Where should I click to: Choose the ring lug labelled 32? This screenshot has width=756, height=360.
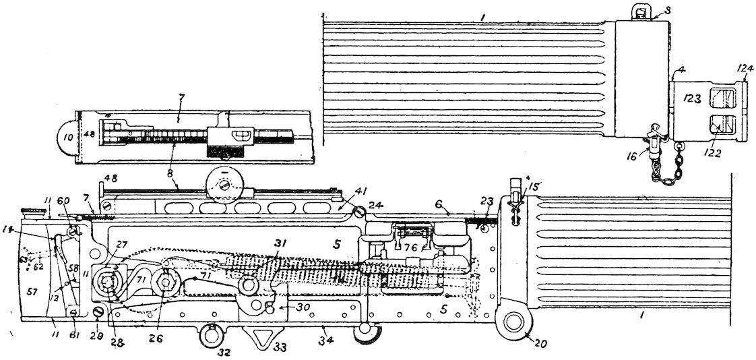(213, 333)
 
